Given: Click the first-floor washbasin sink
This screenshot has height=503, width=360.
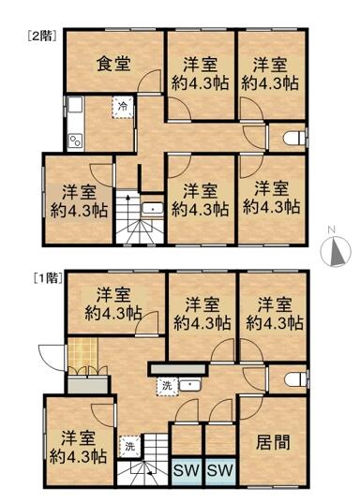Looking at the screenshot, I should (x=191, y=384).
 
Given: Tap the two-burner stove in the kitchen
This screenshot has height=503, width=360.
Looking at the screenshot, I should (x=74, y=140).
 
